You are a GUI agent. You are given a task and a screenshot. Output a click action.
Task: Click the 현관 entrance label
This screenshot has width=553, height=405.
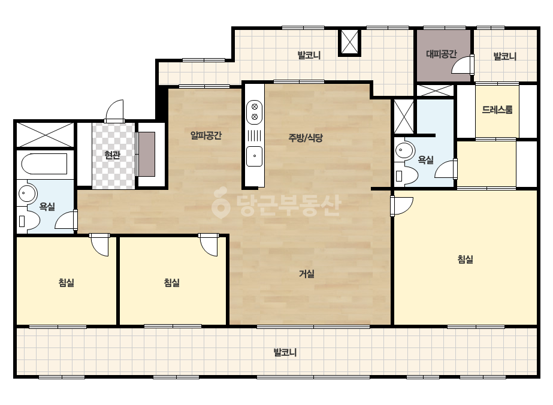click(x=113, y=155)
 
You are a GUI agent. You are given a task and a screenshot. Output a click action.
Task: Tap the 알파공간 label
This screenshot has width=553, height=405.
click(x=206, y=135)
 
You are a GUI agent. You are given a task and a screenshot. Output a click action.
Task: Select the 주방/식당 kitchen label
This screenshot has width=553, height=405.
click(x=306, y=138)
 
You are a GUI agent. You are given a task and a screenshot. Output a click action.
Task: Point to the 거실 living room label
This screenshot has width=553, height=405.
click(x=307, y=273)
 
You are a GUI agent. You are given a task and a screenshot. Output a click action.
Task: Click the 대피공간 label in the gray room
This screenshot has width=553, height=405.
click(x=441, y=54)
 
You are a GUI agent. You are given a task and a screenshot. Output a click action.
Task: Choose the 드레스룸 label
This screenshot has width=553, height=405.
click(x=497, y=110)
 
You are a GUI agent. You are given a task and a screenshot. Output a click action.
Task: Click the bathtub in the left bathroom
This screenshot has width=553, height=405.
click(x=44, y=164)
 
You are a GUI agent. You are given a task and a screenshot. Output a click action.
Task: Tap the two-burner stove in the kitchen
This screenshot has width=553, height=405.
click(x=254, y=112)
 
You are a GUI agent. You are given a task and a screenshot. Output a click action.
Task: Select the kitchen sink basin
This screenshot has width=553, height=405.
click(x=254, y=156)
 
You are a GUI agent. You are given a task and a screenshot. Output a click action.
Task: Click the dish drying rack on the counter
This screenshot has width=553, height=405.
click(x=254, y=135)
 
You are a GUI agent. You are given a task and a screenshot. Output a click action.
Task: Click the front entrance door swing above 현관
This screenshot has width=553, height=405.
click(x=115, y=111)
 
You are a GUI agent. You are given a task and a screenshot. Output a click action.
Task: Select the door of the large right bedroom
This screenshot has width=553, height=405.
click(x=401, y=205)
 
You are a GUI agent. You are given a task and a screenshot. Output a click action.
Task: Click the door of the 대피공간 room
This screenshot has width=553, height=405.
click(x=463, y=64)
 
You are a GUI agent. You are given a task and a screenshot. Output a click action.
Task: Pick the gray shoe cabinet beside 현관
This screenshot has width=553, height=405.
click(x=147, y=154)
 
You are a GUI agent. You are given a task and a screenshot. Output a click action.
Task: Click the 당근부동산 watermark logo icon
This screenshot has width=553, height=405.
click(x=220, y=202)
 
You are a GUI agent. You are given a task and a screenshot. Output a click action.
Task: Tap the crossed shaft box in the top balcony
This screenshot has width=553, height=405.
click(x=349, y=43)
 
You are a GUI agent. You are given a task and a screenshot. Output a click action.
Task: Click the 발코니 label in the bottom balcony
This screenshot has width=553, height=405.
click(x=285, y=352)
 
